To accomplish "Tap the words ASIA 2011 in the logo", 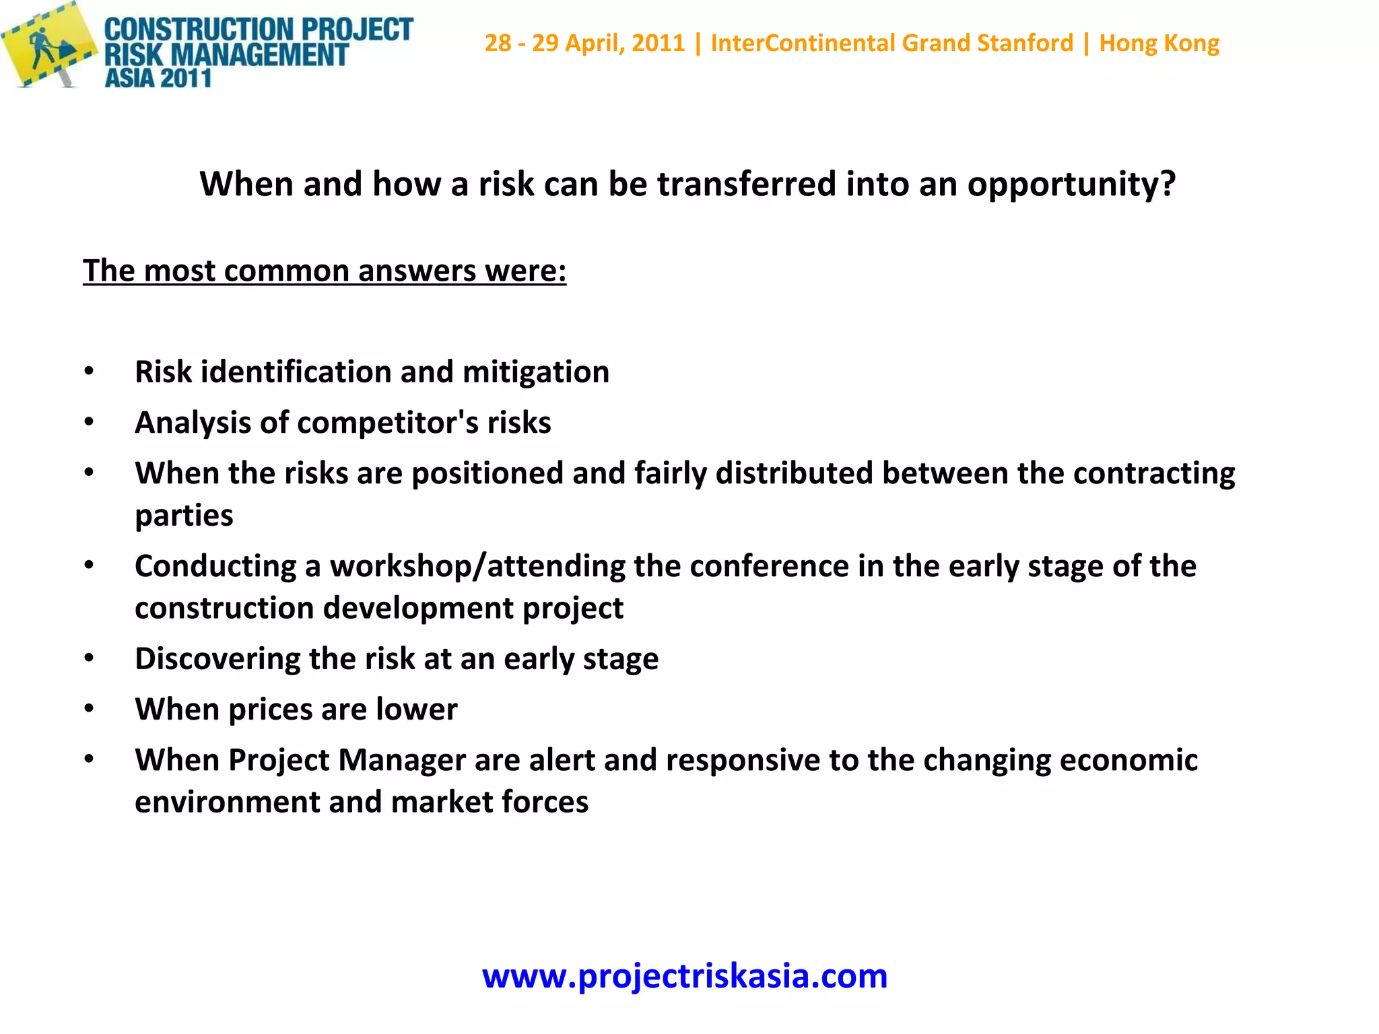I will coord(158,78).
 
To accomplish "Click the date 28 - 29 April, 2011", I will coord(584,43).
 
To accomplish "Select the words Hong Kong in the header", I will coord(1159,43).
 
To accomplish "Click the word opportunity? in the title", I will coord(1071,184).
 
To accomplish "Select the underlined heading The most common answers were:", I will coord(325,271).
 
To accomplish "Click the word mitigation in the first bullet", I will coord(536,372).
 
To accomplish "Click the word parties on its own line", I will coord(184,516).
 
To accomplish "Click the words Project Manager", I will coord(347,761).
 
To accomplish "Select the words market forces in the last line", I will coord(490,802).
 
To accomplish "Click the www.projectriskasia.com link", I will coord(685,976).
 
